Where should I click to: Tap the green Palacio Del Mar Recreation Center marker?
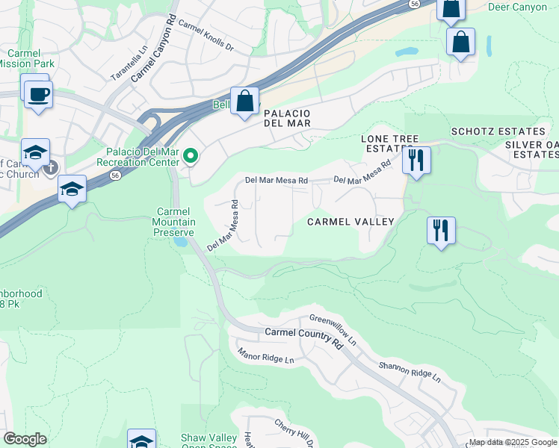click(191, 156)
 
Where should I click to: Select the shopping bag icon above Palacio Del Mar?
click(244, 100)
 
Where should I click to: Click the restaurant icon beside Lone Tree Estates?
click(416, 159)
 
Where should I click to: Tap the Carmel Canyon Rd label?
click(154, 49)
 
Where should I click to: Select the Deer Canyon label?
click(516, 7)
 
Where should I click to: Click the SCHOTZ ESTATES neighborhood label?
click(493, 132)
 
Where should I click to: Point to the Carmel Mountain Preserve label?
click(175, 222)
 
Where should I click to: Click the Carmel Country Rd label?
click(303, 337)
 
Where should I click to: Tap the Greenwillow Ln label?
click(333, 329)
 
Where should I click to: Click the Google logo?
click(25, 439)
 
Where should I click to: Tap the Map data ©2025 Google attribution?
click(513, 442)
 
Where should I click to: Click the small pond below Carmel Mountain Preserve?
click(179, 242)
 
